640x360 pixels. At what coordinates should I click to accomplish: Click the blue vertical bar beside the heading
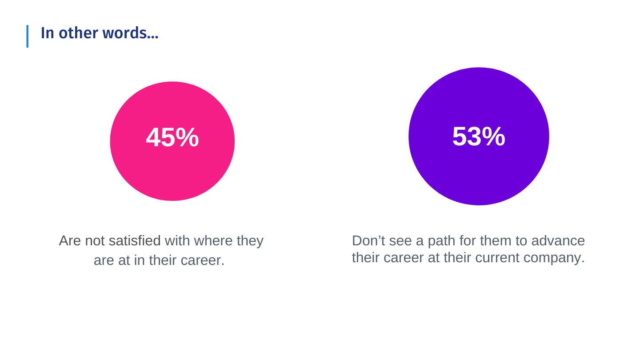pos(28,36)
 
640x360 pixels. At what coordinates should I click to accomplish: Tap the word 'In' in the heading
pos(48,33)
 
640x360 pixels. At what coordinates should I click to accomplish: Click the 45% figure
pos(172,137)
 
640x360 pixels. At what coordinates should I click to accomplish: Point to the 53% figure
pos(479,136)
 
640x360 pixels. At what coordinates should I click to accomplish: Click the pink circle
pos(172,141)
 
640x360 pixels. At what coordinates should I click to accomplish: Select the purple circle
pos(479,136)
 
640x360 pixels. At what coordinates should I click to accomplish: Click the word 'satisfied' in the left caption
pos(135,240)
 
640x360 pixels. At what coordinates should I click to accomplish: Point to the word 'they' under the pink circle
pos(250,241)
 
